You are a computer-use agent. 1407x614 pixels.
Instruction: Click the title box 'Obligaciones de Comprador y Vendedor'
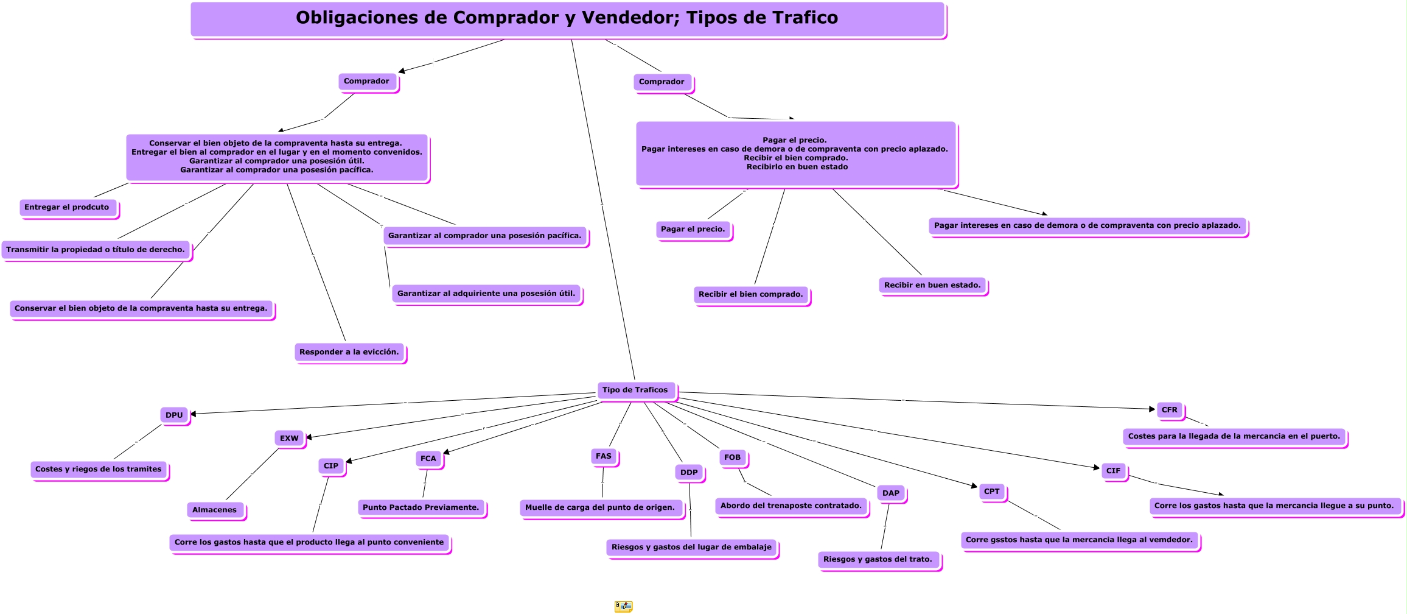click(567, 19)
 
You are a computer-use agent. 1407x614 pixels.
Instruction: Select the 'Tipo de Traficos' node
click(635, 390)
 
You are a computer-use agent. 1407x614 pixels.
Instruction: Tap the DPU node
click(174, 415)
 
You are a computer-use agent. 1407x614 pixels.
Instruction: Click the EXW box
click(289, 439)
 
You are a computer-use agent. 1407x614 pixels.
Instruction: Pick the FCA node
click(428, 459)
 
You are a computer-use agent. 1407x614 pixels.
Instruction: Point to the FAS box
click(604, 456)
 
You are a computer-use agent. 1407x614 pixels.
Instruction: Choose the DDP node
click(689, 473)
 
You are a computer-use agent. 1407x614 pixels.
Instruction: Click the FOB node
click(732, 457)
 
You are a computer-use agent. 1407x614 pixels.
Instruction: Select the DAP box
click(891, 493)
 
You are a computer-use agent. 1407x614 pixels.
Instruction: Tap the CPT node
click(992, 492)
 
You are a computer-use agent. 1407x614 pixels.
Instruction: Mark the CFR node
click(1170, 410)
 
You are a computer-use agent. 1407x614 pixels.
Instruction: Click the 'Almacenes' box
click(215, 510)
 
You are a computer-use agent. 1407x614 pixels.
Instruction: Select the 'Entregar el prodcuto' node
click(67, 208)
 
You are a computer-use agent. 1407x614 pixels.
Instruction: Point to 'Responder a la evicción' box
click(349, 352)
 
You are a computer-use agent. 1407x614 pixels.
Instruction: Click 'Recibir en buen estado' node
click(932, 285)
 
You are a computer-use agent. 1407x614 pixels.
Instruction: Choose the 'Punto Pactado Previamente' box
click(421, 507)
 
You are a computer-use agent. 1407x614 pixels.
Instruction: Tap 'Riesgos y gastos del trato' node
click(878, 559)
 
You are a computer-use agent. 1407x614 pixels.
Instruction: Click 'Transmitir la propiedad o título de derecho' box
click(96, 250)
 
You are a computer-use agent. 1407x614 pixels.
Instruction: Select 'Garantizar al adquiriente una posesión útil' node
click(486, 294)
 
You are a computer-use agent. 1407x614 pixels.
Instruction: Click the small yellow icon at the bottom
click(623, 606)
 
